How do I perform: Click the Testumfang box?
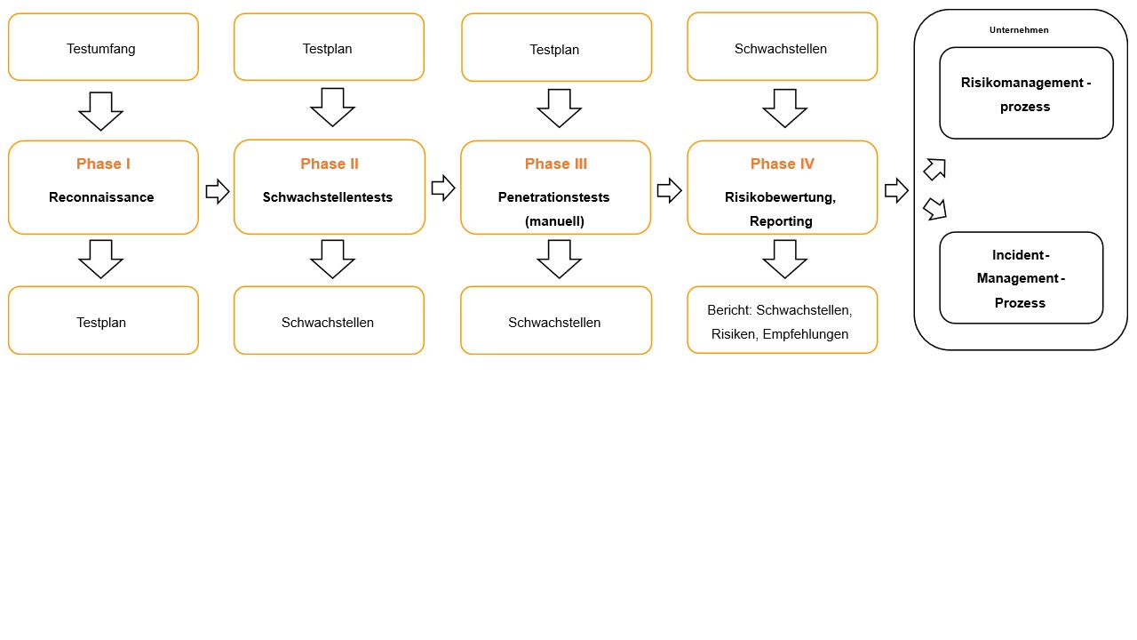point(102,48)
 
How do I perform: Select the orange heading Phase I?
point(103,164)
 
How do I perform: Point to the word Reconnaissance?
point(101,197)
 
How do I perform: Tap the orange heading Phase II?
point(329,164)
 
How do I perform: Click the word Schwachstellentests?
point(328,197)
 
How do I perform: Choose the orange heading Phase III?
point(556,164)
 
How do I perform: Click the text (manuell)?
point(555,221)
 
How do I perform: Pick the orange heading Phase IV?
point(782,164)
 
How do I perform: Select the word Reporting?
point(781,221)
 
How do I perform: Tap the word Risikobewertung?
point(779,197)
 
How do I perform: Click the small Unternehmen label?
point(1019,30)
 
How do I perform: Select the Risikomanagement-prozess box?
point(1026,94)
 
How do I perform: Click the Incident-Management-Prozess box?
point(1021,278)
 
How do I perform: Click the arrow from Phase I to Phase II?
point(217,190)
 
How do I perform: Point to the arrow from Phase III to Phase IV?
point(669,190)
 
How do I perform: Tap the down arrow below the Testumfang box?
point(101,110)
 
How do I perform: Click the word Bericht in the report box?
point(729,310)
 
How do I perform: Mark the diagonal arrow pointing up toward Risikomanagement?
point(934,168)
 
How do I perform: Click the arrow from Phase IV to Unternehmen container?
point(896,190)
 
